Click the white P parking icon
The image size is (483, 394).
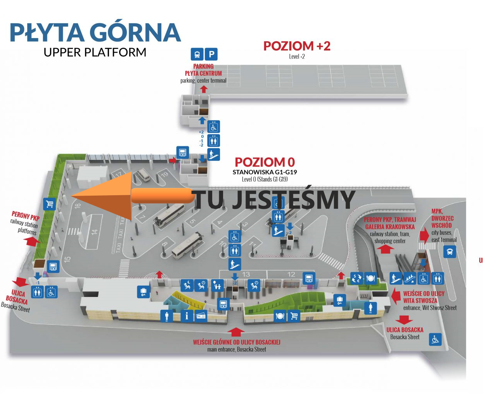click(211, 54)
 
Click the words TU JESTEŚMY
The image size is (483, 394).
click(274, 199)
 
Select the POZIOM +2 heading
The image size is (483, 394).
click(297, 46)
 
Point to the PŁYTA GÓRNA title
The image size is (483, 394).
click(95, 33)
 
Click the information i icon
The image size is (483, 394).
click(187, 316)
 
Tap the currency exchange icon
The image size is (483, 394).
click(356, 278)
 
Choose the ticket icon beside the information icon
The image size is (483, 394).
click(201, 316)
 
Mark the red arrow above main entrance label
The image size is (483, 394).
click(236, 332)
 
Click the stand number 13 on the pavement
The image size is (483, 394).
click(246, 274)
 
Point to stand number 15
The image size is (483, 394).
click(67, 259)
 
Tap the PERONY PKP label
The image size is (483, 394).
click(26, 216)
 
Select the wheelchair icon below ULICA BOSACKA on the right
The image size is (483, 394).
click(435, 340)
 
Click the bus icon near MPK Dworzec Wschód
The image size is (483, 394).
click(450, 252)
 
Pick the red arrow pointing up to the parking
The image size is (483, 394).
click(204, 89)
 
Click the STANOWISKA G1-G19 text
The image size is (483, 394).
click(265, 172)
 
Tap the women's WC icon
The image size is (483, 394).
click(370, 309)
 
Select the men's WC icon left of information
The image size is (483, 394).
click(167, 316)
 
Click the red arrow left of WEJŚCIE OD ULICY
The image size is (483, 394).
click(396, 296)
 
